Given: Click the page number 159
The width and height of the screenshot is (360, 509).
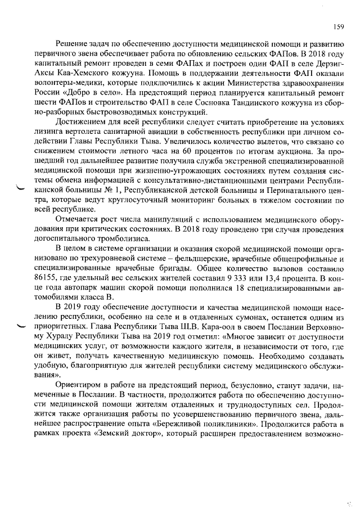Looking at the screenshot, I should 338,26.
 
